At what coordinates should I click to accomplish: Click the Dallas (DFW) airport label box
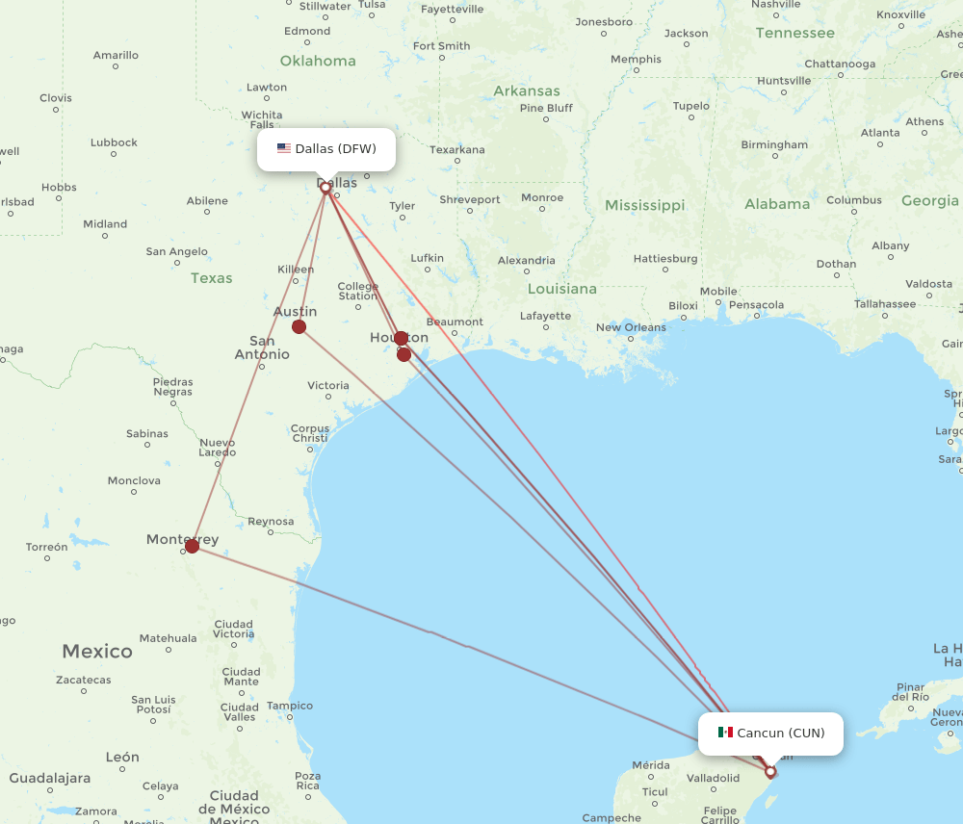tap(326, 149)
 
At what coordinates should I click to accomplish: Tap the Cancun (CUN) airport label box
tap(771, 734)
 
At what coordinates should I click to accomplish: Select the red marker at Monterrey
tap(192, 546)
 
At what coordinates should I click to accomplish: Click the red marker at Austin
tap(299, 327)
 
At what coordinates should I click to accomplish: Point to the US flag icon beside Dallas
tap(284, 148)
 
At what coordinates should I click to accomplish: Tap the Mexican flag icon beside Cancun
tap(725, 733)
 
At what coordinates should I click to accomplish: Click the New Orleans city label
tap(631, 327)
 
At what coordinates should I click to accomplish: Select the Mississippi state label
tap(644, 205)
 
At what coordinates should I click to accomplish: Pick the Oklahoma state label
tap(318, 61)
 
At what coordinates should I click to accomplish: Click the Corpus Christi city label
tap(310, 433)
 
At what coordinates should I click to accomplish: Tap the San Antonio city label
tap(262, 348)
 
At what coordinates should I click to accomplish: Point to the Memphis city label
tap(637, 60)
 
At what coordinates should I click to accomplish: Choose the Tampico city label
tap(290, 706)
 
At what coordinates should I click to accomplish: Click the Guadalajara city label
tap(50, 778)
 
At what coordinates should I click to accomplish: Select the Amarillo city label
tap(116, 55)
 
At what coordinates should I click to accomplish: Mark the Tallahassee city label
tap(885, 303)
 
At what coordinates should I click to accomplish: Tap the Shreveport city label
tap(470, 200)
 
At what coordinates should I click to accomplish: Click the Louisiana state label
tap(562, 289)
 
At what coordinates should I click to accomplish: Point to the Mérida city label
tap(650, 765)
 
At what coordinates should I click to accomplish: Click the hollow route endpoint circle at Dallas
tap(325, 188)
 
